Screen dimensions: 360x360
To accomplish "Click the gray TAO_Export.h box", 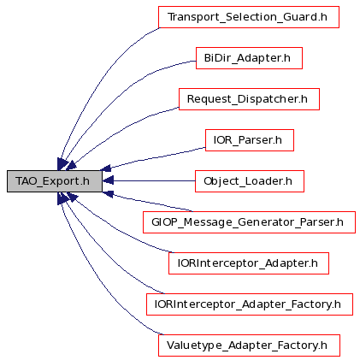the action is coord(55,181).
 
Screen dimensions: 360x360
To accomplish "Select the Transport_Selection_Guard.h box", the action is coord(249,17).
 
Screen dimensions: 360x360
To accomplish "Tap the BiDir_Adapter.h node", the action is coord(249,58).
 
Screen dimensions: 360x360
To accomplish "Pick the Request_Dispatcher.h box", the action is coord(249,99).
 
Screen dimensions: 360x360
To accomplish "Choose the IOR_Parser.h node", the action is coord(250,140).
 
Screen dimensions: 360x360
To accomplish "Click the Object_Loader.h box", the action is coord(250,181).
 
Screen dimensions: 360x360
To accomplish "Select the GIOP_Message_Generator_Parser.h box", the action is coord(249,222).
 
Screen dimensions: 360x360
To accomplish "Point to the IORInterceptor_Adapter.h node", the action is coord(249,263).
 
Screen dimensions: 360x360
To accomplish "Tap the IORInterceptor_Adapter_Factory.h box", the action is coord(250,304).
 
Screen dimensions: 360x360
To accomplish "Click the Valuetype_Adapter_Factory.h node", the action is coord(249,345).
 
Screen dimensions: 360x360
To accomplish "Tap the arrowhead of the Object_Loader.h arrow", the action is coord(108,180).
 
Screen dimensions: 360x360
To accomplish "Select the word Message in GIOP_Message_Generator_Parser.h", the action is coord(208,222).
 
